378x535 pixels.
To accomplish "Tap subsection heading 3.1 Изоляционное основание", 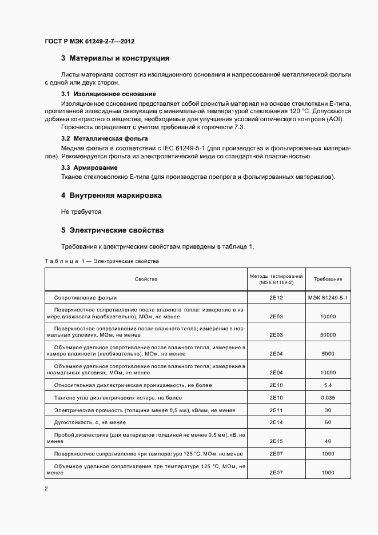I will pyautogui.click(x=109, y=94).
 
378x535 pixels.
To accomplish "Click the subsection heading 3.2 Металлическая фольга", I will pyautogui.click(x=105, y=139).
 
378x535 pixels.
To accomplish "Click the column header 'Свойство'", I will pyautogui.click(x=146, y=280).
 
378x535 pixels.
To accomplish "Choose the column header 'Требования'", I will pyautogui.click(x=328, y=280).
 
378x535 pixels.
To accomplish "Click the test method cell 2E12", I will pyautogui.click(x=276, y=298).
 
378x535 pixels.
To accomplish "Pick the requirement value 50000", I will pyautogui.click(x=328, y=335).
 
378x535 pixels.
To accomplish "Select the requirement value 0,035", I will pyautogui.click(x=328, y=397).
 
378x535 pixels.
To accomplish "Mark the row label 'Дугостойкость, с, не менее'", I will pyautogui.click(x=90, y=422).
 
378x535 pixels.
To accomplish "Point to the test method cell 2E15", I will pyautogui.click(x=276, y=441).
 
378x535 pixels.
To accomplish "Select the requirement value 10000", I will pyautogui.click(x=328, y=317).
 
